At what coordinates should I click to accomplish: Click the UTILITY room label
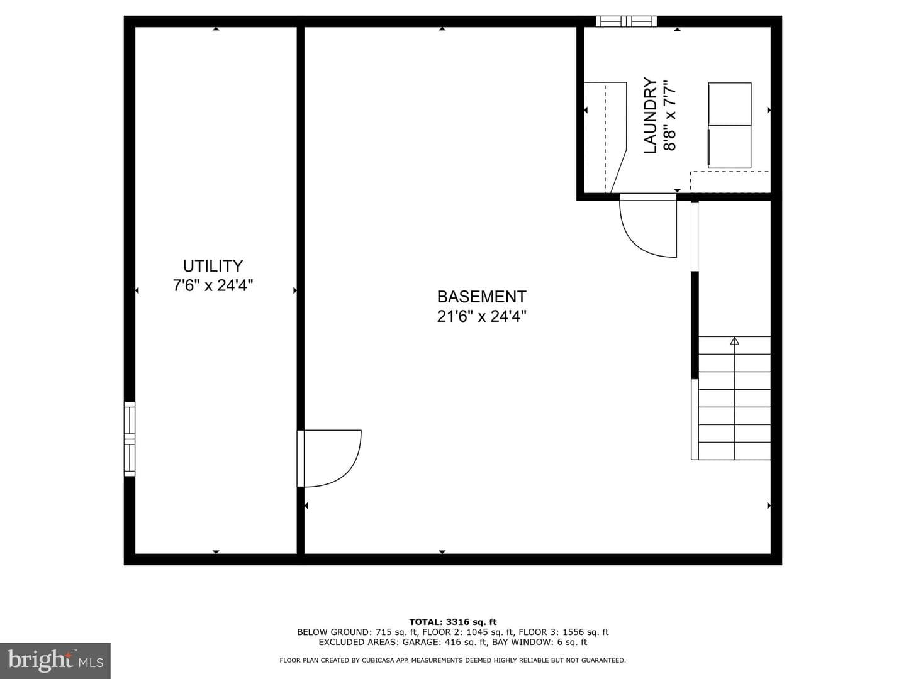[213, 266]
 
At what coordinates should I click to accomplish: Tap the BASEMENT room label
[482, 297]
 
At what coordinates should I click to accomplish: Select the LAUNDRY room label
[651, 116]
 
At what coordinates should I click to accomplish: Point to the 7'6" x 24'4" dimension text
[213, 285]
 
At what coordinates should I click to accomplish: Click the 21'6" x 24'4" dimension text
[482, 317]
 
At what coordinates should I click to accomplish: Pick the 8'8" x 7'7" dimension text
[669, 116]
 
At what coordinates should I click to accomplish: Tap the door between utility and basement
[329, 458]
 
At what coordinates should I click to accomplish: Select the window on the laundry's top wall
[626, 21]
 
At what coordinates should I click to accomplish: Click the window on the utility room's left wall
[130, 439]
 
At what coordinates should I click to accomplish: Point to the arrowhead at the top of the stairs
[735, 341]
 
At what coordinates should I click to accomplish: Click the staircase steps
[731, 398]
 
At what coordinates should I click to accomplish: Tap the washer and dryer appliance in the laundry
[730, 125]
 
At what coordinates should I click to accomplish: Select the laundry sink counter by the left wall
[605, 137]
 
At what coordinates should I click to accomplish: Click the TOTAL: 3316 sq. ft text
[453, 622]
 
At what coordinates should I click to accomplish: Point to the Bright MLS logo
[55, 660]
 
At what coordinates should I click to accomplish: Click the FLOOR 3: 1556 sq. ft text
[564, 632]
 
